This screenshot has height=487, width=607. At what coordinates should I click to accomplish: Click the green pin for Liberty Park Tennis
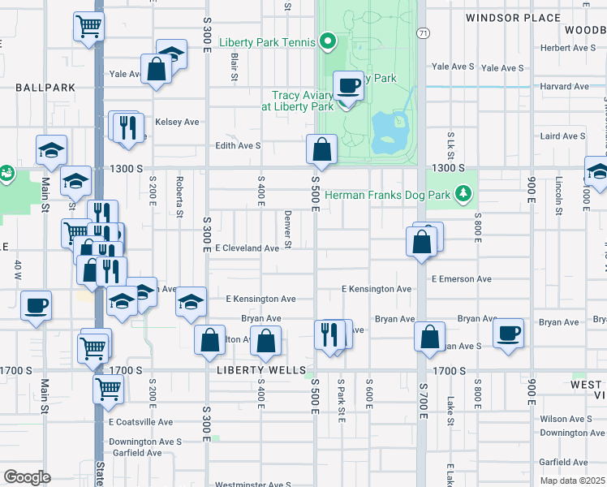tap(328, 40)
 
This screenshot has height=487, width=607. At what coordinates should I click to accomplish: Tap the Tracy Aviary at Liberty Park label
tap(297, 101)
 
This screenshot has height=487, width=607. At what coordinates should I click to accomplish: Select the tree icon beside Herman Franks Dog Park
tap(463, 193)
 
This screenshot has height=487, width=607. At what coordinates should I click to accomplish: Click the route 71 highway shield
tap(423, 33)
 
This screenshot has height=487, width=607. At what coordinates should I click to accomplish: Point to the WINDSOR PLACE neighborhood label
tap(524, 18)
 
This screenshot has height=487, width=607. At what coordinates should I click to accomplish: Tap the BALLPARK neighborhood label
tap(44, 87)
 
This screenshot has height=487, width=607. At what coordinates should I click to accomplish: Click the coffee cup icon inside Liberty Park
tap(349, 85)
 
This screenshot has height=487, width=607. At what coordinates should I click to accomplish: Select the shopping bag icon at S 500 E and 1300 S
tap(321, 150)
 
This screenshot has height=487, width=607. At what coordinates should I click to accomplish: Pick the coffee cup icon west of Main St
tap(36, 306)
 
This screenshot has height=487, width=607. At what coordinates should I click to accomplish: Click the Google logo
tap(28, 476)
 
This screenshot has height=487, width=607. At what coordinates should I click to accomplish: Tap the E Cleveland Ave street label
tap(247, 248)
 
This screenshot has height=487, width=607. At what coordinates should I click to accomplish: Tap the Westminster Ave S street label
tap(252, 485)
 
